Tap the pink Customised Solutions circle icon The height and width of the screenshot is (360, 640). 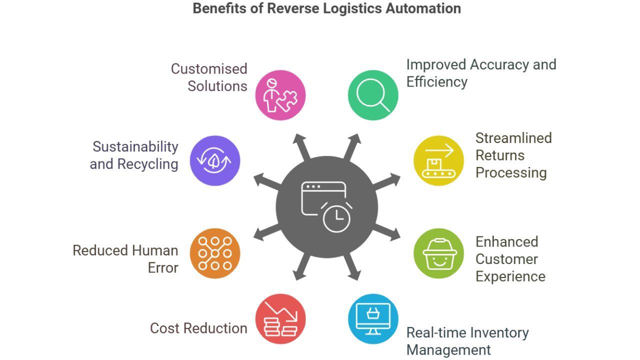tap(280, 95)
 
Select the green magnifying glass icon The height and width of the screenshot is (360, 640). tap(373, 95)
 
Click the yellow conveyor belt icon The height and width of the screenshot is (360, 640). tap(438, 160)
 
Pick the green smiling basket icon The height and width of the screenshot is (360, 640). tap(438, 253)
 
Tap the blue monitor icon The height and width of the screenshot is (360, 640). tap(373, 318)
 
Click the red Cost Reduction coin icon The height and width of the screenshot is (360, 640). tap(280, 318)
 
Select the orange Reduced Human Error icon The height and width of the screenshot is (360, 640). tap(215, 253)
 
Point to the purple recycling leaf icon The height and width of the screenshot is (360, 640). tap(215, 160)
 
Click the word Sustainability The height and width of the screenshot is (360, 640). tap(135, 146)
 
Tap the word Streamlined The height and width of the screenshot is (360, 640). tap(513, 138)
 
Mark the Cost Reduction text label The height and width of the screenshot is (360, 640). tap(198, 328)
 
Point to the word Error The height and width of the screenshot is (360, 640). tap(163, 267)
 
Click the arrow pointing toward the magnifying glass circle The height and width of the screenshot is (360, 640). tap(352, 145)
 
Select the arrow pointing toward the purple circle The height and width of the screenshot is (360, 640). tap(264, 180)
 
